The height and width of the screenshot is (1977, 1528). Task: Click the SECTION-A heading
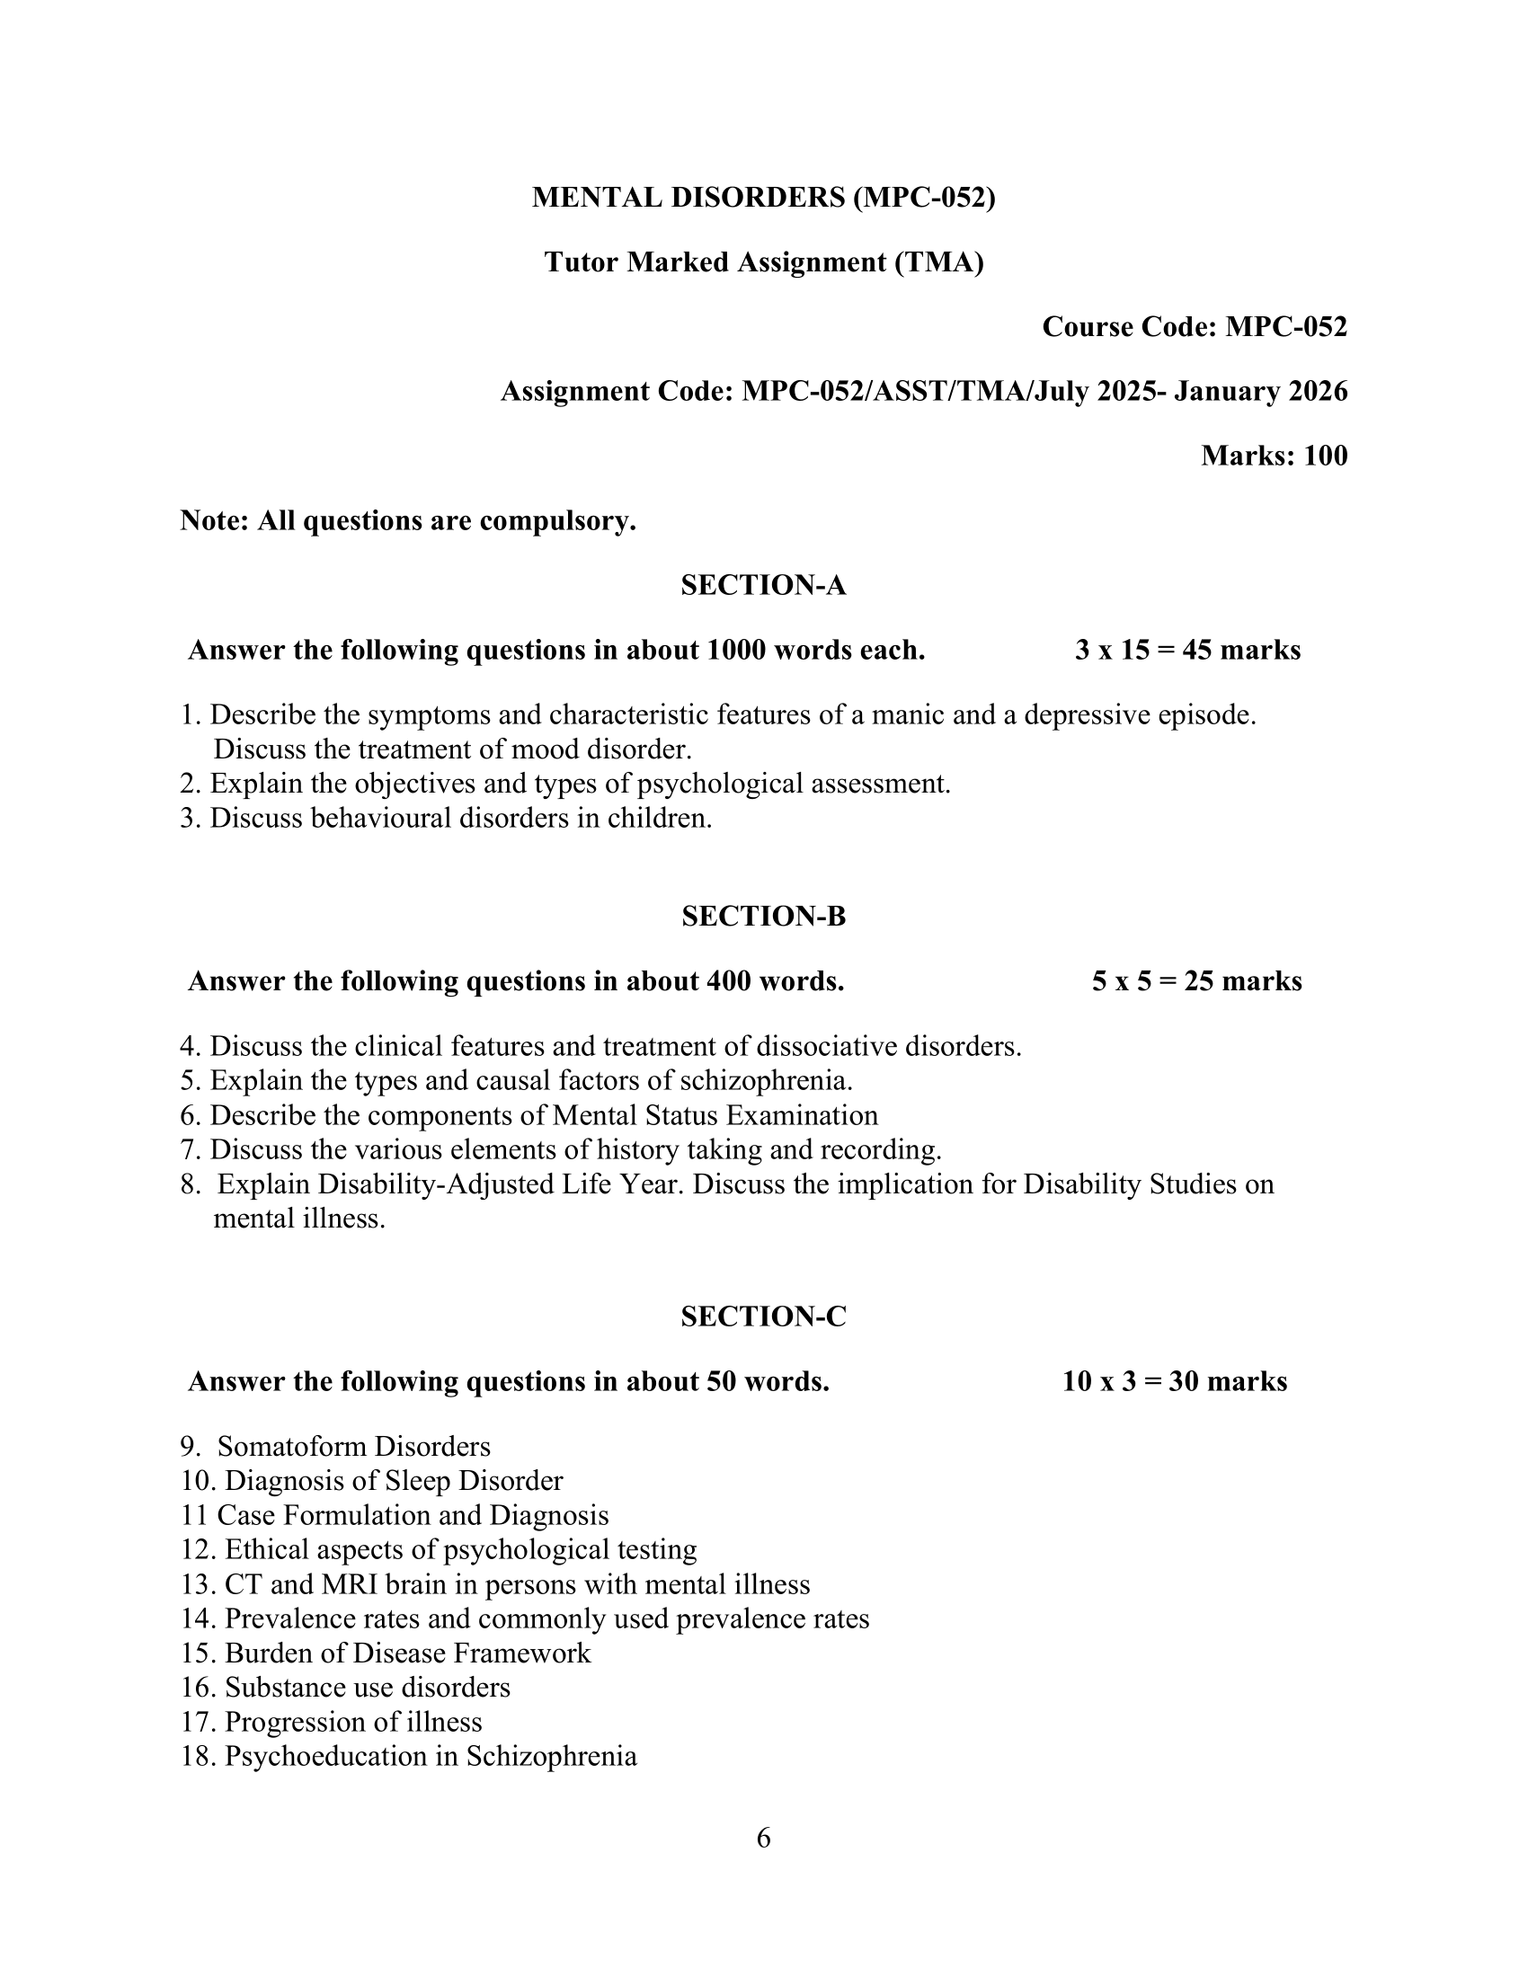point(763,586)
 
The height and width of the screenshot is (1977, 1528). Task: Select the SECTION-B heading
point(763,916)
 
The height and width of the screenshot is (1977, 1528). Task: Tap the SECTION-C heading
point(763,1317)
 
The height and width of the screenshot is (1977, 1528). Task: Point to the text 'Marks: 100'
point(1274,456)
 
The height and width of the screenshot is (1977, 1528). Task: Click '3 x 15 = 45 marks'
point(1186,650)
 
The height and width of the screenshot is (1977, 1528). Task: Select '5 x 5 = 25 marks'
point(1195,981)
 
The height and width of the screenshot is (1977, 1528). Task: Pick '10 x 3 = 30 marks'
point(1174,1381)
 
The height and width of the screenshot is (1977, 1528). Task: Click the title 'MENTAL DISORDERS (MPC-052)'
point(763,198)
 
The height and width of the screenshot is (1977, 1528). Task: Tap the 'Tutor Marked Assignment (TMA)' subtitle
point(763,262)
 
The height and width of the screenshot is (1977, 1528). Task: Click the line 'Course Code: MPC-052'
point(1194,327)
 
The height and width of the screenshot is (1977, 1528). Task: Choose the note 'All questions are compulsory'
point(407,520)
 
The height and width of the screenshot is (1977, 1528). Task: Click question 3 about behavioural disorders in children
point(447,819)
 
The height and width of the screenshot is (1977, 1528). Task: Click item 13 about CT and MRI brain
point(495,1584)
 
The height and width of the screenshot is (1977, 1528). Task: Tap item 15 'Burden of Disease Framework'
point(386,1653)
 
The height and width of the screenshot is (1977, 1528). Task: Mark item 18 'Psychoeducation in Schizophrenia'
point(409,1756)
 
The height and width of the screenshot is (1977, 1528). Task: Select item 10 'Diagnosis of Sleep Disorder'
point(372,1481)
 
